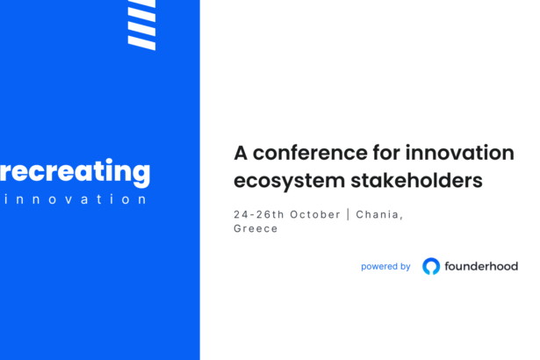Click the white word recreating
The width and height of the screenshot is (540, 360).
(x=75, y=172)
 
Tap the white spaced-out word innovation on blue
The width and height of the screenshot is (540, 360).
(x=75, y=199)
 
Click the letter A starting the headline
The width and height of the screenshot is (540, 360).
(x=241, y=153)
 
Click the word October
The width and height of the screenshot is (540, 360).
(x=317, y=213)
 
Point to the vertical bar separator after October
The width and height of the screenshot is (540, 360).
(x=349, y=213)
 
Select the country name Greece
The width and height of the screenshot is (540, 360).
(x=256, y=228)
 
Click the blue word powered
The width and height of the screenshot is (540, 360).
(x=378, y=266)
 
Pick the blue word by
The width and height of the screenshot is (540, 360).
(x=404, y=266)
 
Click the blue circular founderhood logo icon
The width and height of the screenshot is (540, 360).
(x=431, y=266)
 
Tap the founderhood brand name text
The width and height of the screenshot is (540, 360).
(x=482, y=266)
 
